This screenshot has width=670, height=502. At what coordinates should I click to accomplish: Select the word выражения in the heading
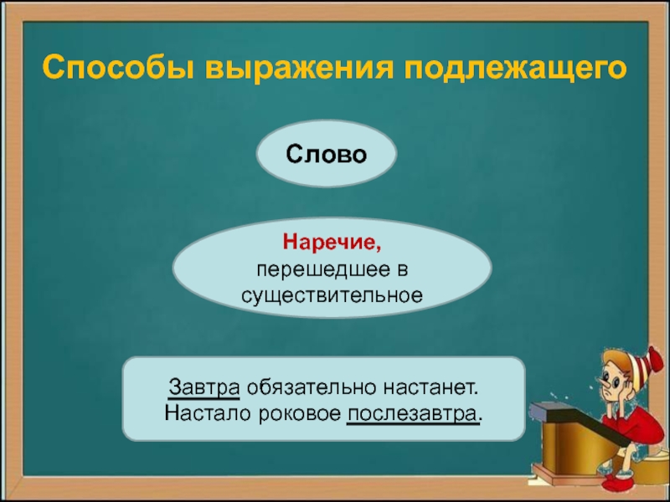[298, 69]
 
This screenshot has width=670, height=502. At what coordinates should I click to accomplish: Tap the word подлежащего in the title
[514, 69]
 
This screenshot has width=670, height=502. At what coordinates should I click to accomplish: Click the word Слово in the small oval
[326, 154]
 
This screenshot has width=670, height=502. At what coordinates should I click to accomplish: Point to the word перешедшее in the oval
[323, 269]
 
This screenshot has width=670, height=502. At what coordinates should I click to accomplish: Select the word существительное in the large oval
[332, 295]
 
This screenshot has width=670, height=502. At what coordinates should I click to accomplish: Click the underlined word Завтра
[204, 387]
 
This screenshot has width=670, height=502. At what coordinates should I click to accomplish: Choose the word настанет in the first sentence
[430, 387]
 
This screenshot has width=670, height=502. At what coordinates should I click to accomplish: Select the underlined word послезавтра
[412, 414]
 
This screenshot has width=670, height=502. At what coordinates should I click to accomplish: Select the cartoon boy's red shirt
[641, 427]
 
